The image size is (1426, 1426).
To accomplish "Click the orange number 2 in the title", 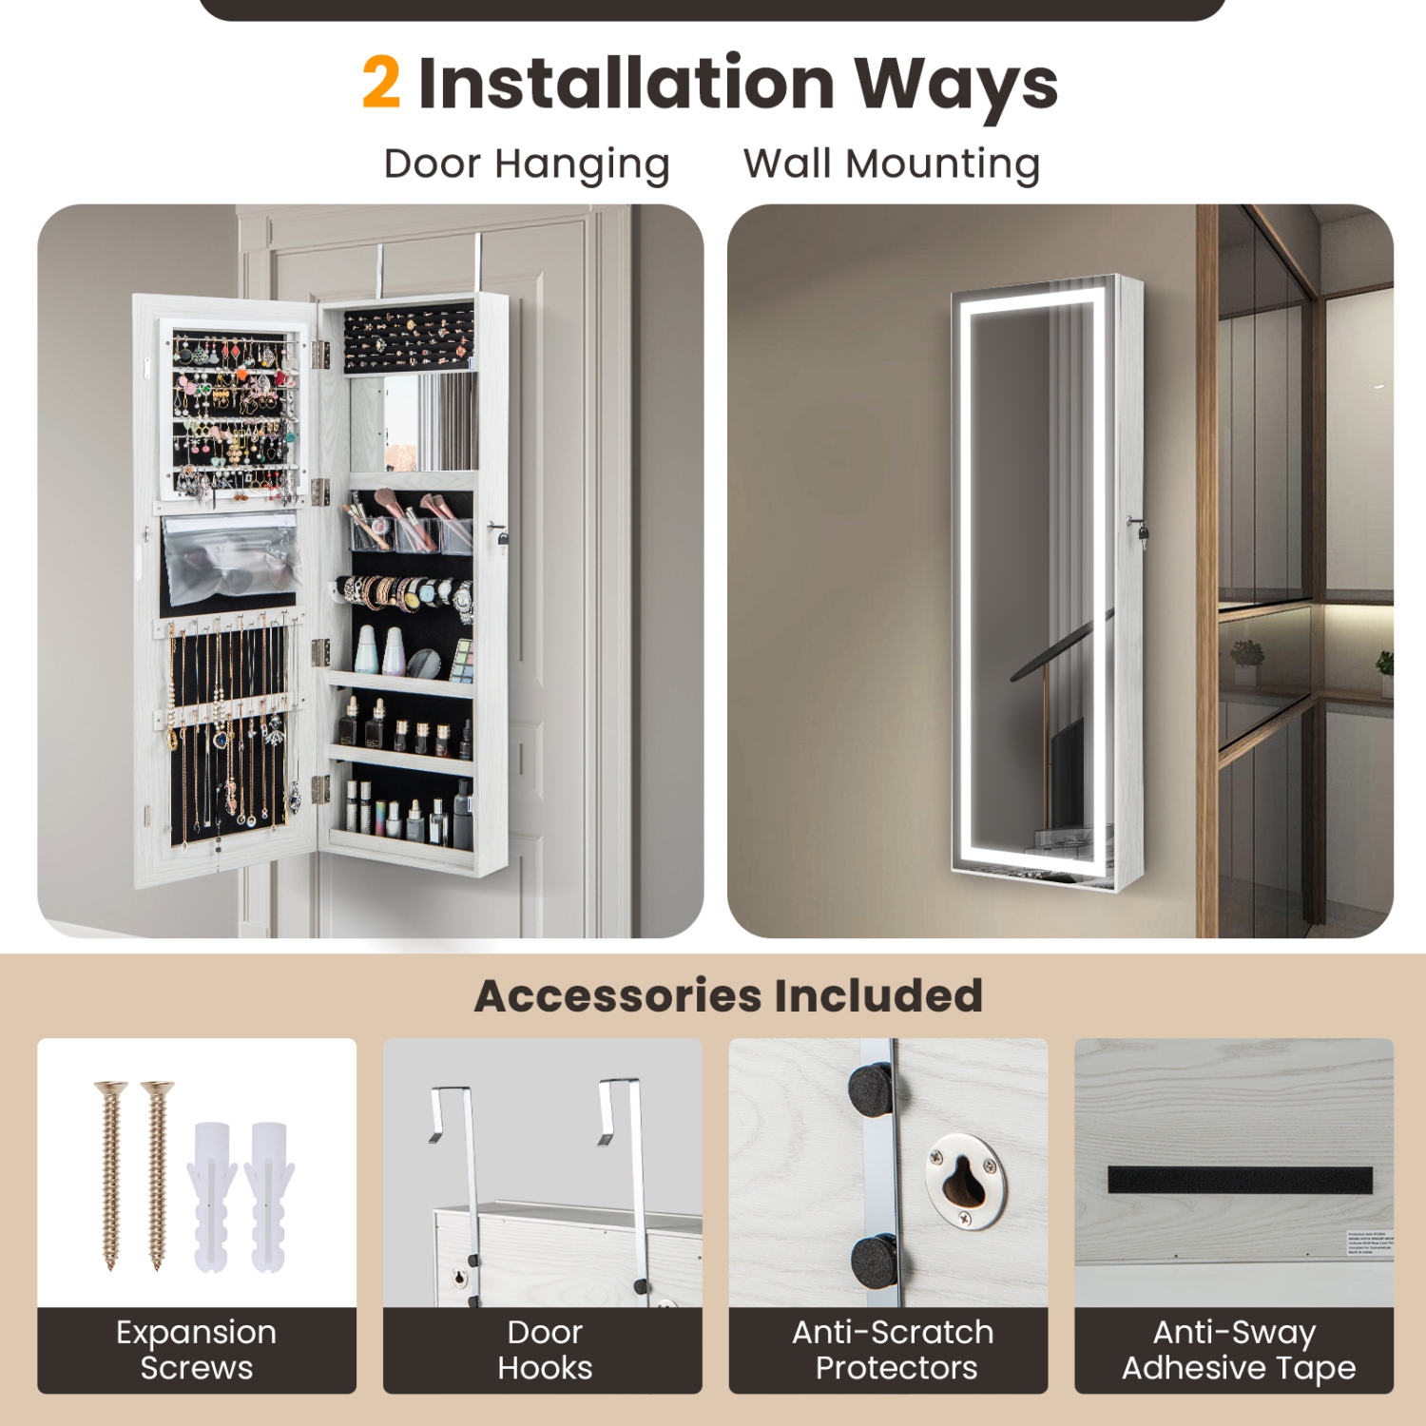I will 381,83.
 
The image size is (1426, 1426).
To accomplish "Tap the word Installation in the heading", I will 626,83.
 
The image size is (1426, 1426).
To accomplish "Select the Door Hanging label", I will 527,164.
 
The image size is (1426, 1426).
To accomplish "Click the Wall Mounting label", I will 891,164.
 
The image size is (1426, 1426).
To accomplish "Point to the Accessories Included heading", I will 728,995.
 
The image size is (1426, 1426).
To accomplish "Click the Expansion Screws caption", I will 197,1350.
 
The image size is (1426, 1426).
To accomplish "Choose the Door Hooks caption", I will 544,1350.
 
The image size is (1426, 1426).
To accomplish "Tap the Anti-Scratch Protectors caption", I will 893,1350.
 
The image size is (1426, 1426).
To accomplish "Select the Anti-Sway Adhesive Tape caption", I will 1238,1350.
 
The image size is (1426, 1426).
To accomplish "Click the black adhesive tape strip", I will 1240,1180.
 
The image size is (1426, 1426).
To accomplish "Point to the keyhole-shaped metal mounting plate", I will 966,1180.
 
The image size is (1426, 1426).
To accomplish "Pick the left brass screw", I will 111,1174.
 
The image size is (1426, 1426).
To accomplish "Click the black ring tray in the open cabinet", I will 409,339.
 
